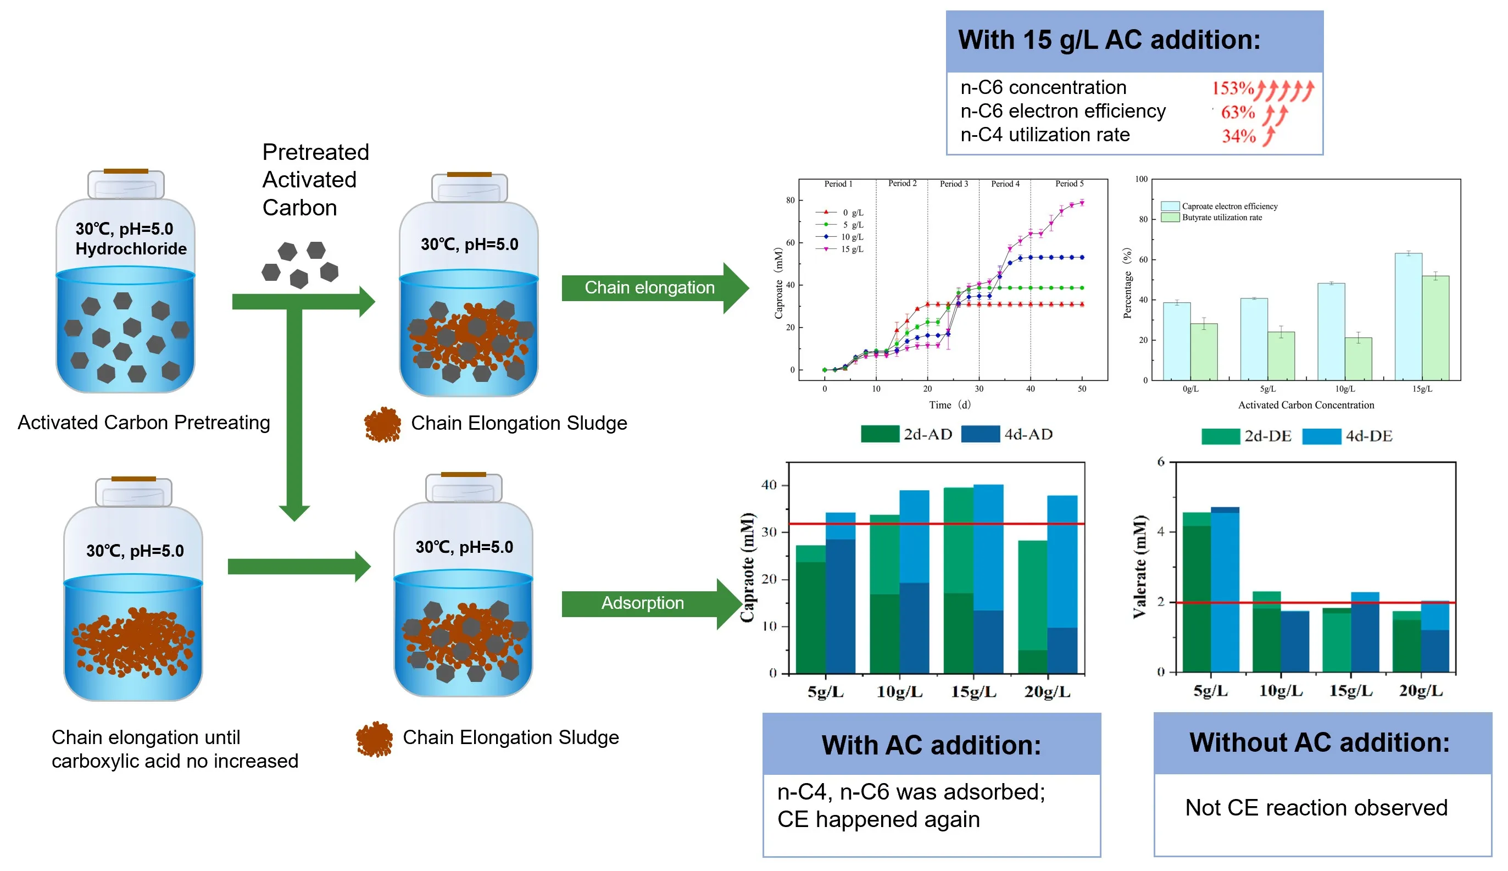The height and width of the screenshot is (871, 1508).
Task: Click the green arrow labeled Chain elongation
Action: pyautogui.click(x=650, y=288)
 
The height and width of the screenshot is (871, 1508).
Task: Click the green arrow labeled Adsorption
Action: pyautogui.click(x=643, y=603)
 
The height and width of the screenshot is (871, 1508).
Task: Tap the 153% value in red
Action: pyautogui.click(x=1232, y=88)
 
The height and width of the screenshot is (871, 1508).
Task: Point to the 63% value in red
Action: pyautogui.click(x=1237, y=113)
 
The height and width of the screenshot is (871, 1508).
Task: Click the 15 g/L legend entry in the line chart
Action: pyautogui.click(x=852, y=249)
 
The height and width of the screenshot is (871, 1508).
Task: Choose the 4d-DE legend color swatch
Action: pyautogui.click(x=1321, y=436)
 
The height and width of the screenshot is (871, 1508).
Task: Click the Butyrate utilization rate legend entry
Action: pyautogui.click(x=1221, y=218)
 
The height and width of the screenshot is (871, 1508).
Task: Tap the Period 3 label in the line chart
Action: pyautogui.click(x=953, y=184)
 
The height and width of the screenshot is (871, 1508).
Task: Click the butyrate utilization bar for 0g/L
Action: pyautogui.click(x=1203, y=351)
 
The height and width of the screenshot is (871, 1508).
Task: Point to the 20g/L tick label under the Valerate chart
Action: pyautogui.click(x=1420, y=691)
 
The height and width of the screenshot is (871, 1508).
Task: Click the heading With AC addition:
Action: pyautogui.click(x=931, y=745)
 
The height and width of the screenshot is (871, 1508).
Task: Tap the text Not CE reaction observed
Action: pyautogui.click(x=1316, y=808)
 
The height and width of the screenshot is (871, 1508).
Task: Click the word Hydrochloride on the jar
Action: pyautogui.click(x=131, y=249)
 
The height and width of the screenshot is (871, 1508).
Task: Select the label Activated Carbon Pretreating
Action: pyautogui.click(x=143, y=423)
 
